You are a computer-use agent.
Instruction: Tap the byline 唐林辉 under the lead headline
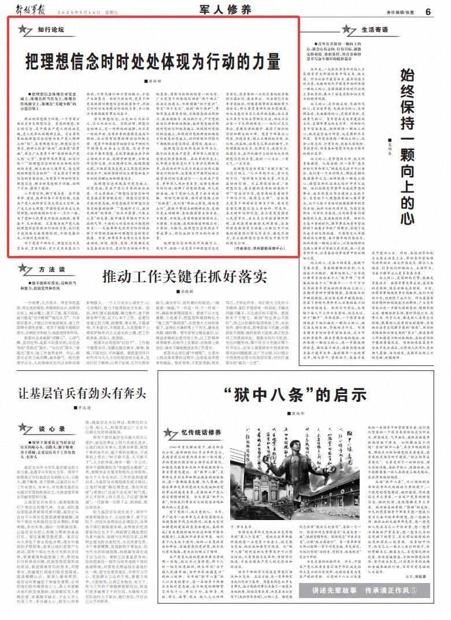click(150, 83)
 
